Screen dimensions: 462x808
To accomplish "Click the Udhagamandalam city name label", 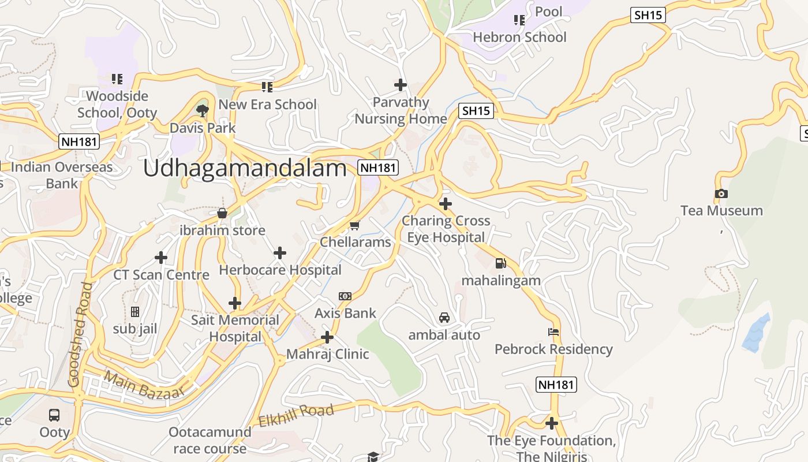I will [x=245, y=168].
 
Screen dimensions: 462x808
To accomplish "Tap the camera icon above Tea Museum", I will [x=721, y=194].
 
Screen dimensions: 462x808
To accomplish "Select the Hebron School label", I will [x=519, y=37].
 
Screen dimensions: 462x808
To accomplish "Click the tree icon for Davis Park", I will [x=202, y=110].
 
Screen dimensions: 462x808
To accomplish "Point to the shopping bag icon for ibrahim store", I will [x=222, y=213].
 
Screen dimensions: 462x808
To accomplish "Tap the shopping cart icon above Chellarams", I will [x=354, y=225].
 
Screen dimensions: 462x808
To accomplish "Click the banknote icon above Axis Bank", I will [x=345, y=296].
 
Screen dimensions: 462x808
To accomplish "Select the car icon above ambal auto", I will [x=444, y=318].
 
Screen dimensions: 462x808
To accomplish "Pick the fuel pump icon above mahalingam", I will [x=500, y=263].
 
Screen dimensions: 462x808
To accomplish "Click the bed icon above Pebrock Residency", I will [x=553, y=332].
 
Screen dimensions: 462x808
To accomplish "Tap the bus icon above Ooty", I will [x=54, y=415].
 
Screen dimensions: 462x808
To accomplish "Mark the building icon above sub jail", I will [x=135, y=312].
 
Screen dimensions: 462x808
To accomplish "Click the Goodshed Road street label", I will [x=81, y=334].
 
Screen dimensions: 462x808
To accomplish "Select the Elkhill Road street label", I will [x=296, y=416].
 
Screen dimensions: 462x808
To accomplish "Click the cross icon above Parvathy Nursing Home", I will [x=401, y=85].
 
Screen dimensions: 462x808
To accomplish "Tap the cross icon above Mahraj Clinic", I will [x=327, y=337].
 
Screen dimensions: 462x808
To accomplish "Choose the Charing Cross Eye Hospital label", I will [x=446, y=229].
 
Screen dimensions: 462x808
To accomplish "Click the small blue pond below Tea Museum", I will [x=756, y=334].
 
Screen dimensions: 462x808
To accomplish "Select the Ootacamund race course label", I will [x=210, y=440].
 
